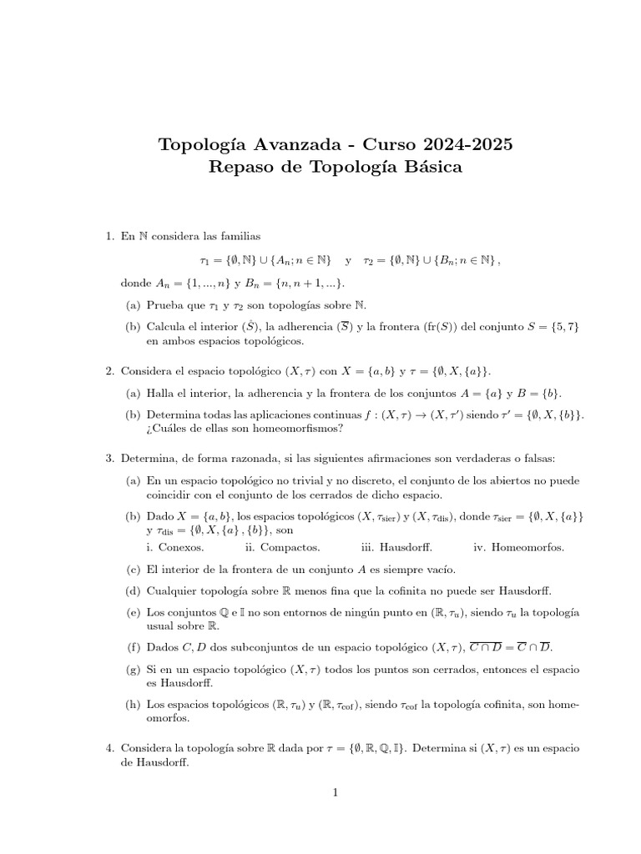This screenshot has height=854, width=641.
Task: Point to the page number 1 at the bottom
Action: pos(334,793)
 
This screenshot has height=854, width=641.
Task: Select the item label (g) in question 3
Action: pos(133,670)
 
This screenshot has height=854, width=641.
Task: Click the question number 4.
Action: pos(110,749)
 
